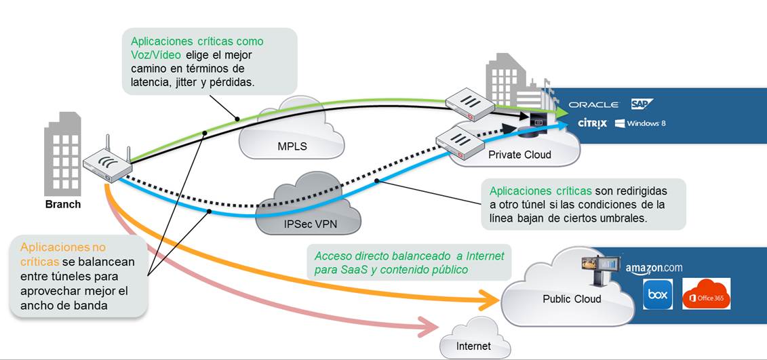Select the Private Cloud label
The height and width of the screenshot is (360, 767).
(519, 155)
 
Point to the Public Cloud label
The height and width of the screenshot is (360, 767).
(572, 299)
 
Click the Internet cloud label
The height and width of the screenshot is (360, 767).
(473, 346)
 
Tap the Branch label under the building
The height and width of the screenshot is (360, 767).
(63, 204)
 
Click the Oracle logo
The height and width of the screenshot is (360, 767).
(593, 104)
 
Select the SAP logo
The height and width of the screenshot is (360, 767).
(641, 104)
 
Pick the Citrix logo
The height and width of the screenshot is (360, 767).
(592, 123)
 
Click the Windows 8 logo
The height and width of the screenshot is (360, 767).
(641, 123)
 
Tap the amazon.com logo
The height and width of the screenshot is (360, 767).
(654, 268)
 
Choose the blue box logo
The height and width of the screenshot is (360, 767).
(657, 295)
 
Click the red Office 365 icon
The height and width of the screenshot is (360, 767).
(706, 294)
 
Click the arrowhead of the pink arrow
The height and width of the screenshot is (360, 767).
(430, 329)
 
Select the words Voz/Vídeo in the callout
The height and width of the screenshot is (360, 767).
(155, 55)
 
